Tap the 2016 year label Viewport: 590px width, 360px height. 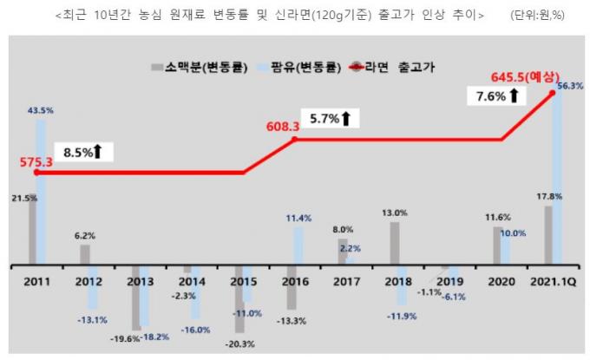click(295, 280)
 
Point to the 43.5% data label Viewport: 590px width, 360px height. click(41, 110)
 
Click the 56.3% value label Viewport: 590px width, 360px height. click(569, 86)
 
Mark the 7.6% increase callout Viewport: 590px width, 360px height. click(496, 95)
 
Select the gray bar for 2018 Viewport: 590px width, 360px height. click(395, 243)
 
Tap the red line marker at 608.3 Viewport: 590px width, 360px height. click(295, 139)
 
